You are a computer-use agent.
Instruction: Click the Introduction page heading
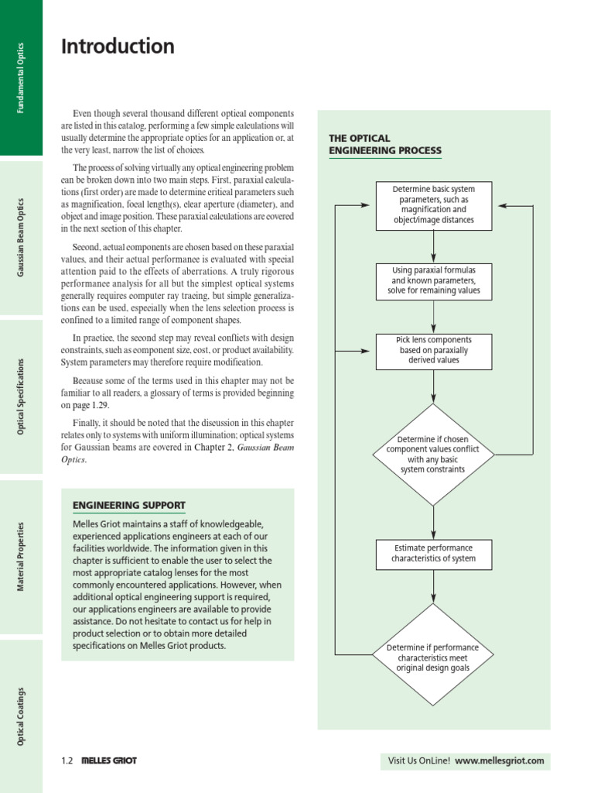click(118, 47)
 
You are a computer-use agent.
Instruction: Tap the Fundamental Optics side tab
click(21, 77)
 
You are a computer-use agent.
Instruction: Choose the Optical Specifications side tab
click(21, 396)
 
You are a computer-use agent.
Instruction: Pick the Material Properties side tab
click(21, 556)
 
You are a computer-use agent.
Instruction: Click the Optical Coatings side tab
click(21, 716)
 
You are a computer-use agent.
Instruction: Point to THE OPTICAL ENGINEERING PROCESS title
click(385, 144)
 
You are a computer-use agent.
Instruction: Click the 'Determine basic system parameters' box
click(433, 205)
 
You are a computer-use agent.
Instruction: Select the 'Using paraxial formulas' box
click(433, 280)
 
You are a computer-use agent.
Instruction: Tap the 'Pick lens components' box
click(433, 350)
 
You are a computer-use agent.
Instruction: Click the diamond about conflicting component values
click(433, 455)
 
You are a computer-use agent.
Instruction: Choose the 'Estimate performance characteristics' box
click(433, 554)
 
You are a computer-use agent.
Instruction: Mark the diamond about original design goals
click(433, 657)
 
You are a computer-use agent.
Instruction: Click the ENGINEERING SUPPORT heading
click(128, 506)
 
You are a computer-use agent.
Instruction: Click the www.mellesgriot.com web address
click(499, 760)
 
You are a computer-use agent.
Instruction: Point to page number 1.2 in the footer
click(67, 760)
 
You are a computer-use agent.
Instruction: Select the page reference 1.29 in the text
click(101, 405)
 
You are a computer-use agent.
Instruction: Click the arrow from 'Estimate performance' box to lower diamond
click(433, 586)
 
